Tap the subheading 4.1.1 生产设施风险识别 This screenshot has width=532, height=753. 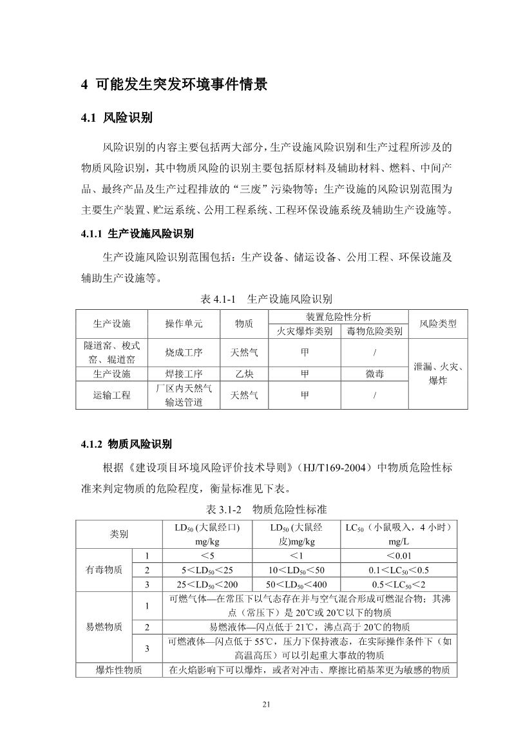(x=138, y=233)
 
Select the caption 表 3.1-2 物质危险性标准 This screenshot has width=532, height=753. (x=267, y=510)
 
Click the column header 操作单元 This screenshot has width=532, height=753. (x=184, y=324)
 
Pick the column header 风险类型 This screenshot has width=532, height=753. (x=438, y=324)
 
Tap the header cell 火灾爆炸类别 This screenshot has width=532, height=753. (x=305, y=331)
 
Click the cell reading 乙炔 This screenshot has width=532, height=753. (x=244, y=374)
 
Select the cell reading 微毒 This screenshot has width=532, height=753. (x=374, y=374)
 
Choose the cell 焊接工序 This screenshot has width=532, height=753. (x=184, y=374)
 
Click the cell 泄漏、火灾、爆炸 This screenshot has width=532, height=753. (x=438, y=374)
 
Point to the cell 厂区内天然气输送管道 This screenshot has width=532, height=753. (x=184, y=396)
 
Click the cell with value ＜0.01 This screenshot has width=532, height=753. (x=399, y=556)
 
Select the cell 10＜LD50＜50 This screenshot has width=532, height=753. (x=297, y=570)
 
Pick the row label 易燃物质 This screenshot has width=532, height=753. (x=104, y=627)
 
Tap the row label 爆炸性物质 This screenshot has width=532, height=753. (x=119, y=671)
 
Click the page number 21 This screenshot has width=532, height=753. (x=266, y=703)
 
